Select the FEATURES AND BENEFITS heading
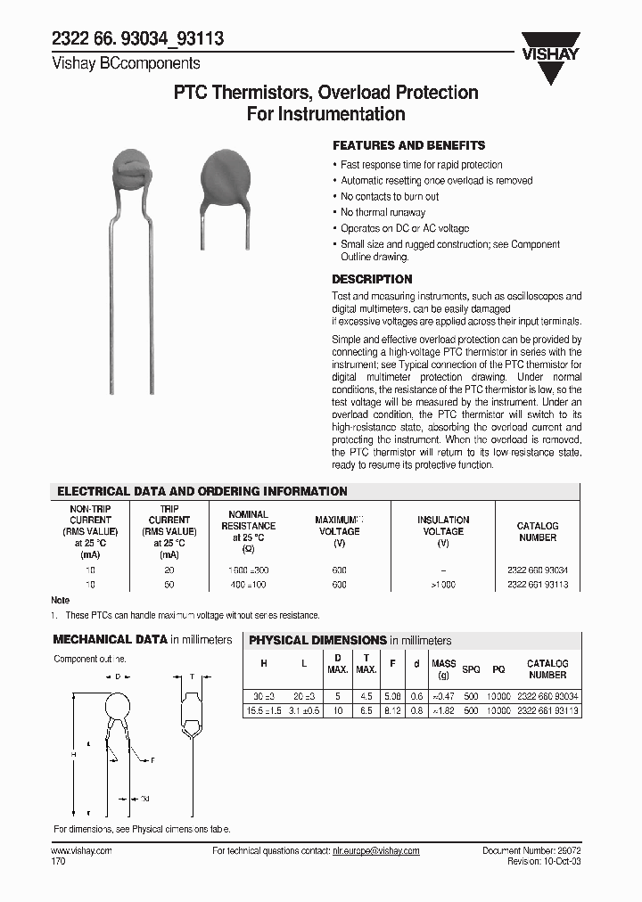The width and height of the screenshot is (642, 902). pos(408,145)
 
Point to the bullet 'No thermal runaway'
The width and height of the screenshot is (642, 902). pos(383,212)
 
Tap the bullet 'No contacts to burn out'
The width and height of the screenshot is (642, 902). pos(390,196)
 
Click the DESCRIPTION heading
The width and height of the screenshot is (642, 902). pos(372,279)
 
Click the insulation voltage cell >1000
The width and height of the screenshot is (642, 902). pos(443,585)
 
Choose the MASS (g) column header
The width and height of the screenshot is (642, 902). pos(443,669)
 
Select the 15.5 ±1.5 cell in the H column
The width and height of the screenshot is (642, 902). pos(264,710)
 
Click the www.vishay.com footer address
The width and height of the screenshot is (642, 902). pos(82,851)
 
